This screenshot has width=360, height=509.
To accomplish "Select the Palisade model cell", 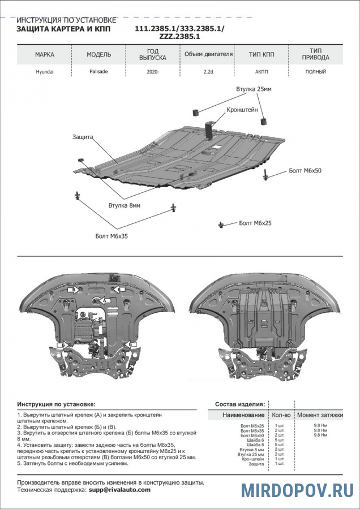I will (x=98, y=72).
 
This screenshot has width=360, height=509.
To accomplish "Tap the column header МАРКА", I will (x=45, y=55).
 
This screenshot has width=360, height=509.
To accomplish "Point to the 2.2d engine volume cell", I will (x=208, y=72).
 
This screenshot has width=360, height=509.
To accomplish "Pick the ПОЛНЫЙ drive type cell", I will (x=315, y=72).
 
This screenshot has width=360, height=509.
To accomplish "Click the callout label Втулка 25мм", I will (x=254, y=89).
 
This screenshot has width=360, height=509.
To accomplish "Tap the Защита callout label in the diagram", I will (x=82, y=137).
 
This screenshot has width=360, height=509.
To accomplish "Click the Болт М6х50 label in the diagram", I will (x=305, y=170).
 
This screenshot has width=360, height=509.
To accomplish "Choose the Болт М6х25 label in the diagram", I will (x=255, y=223).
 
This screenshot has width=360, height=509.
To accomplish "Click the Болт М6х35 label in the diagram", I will (x=112, y=236).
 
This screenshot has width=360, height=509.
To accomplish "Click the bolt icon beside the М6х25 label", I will (x=219, y=225).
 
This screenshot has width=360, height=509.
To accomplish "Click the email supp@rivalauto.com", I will (x=120, y=489).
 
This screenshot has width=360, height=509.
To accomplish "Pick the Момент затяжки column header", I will (x=320, y=415).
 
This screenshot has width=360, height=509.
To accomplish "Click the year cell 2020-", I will (x=153, y=72).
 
